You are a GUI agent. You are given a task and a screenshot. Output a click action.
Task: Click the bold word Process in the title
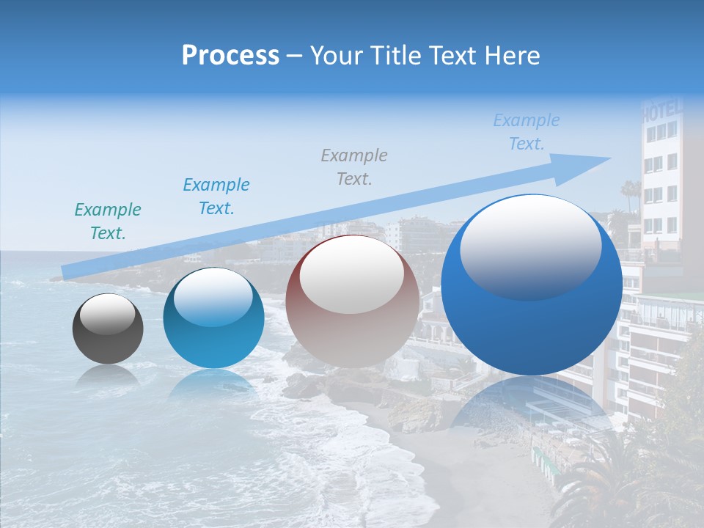pos(230,56)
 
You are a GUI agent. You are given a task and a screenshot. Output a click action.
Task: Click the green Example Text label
pos(108,221)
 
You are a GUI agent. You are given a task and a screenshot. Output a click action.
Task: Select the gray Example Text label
pos(354,166)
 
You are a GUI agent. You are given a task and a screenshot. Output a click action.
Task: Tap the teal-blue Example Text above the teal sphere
pos(216,196)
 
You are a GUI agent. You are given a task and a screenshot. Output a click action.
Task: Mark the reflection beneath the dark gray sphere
pos(108,375)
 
